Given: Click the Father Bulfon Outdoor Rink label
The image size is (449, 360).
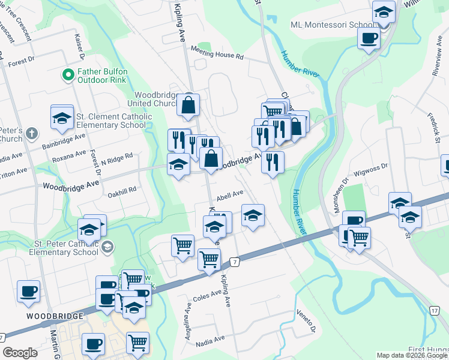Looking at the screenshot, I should (106, 76).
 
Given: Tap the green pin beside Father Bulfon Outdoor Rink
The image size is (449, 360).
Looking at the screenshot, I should (68, 76).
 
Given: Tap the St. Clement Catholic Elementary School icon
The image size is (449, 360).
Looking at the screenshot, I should (61, 119).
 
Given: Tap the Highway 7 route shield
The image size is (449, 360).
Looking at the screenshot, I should (235, 262).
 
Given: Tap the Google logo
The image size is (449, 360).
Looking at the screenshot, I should (20, 353).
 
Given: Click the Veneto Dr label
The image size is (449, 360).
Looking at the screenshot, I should (306, 320).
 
